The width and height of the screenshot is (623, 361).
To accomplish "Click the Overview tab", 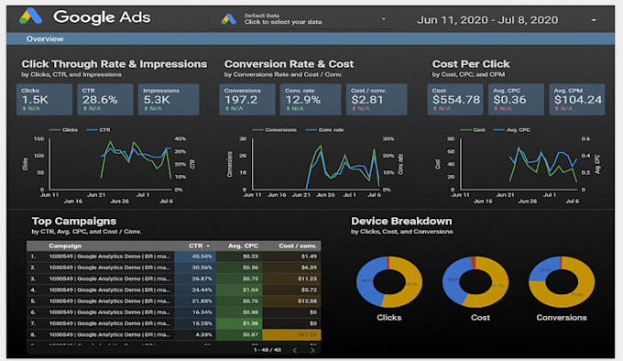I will pos(44,39).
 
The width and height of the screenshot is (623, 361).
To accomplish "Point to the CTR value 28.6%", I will pos(96,99).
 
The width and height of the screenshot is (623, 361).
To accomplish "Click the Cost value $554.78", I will pos(457,99).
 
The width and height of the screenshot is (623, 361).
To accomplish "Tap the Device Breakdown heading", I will pos(400,221).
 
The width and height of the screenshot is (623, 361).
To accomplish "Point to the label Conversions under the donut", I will pos(562,318).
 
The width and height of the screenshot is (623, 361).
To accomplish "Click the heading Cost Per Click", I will pos(472,64).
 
